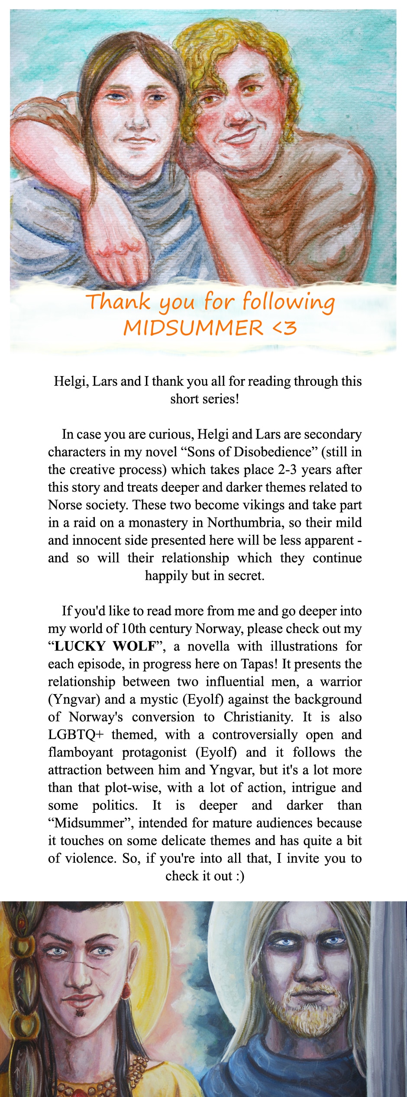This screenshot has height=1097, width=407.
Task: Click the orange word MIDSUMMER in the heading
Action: click(193, 328)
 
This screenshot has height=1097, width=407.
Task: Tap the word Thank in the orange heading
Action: click(118, 302)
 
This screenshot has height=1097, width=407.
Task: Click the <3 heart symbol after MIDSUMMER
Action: click(284, 328)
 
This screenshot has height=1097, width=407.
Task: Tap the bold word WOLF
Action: click(134, 646)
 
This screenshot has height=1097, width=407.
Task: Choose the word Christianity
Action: click(258, 717)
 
